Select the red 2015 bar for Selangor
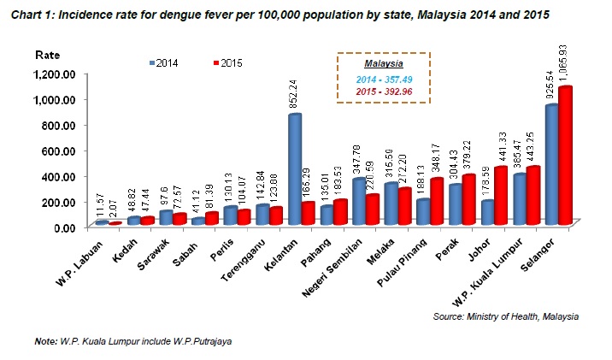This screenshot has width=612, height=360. [x=563, y=154]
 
